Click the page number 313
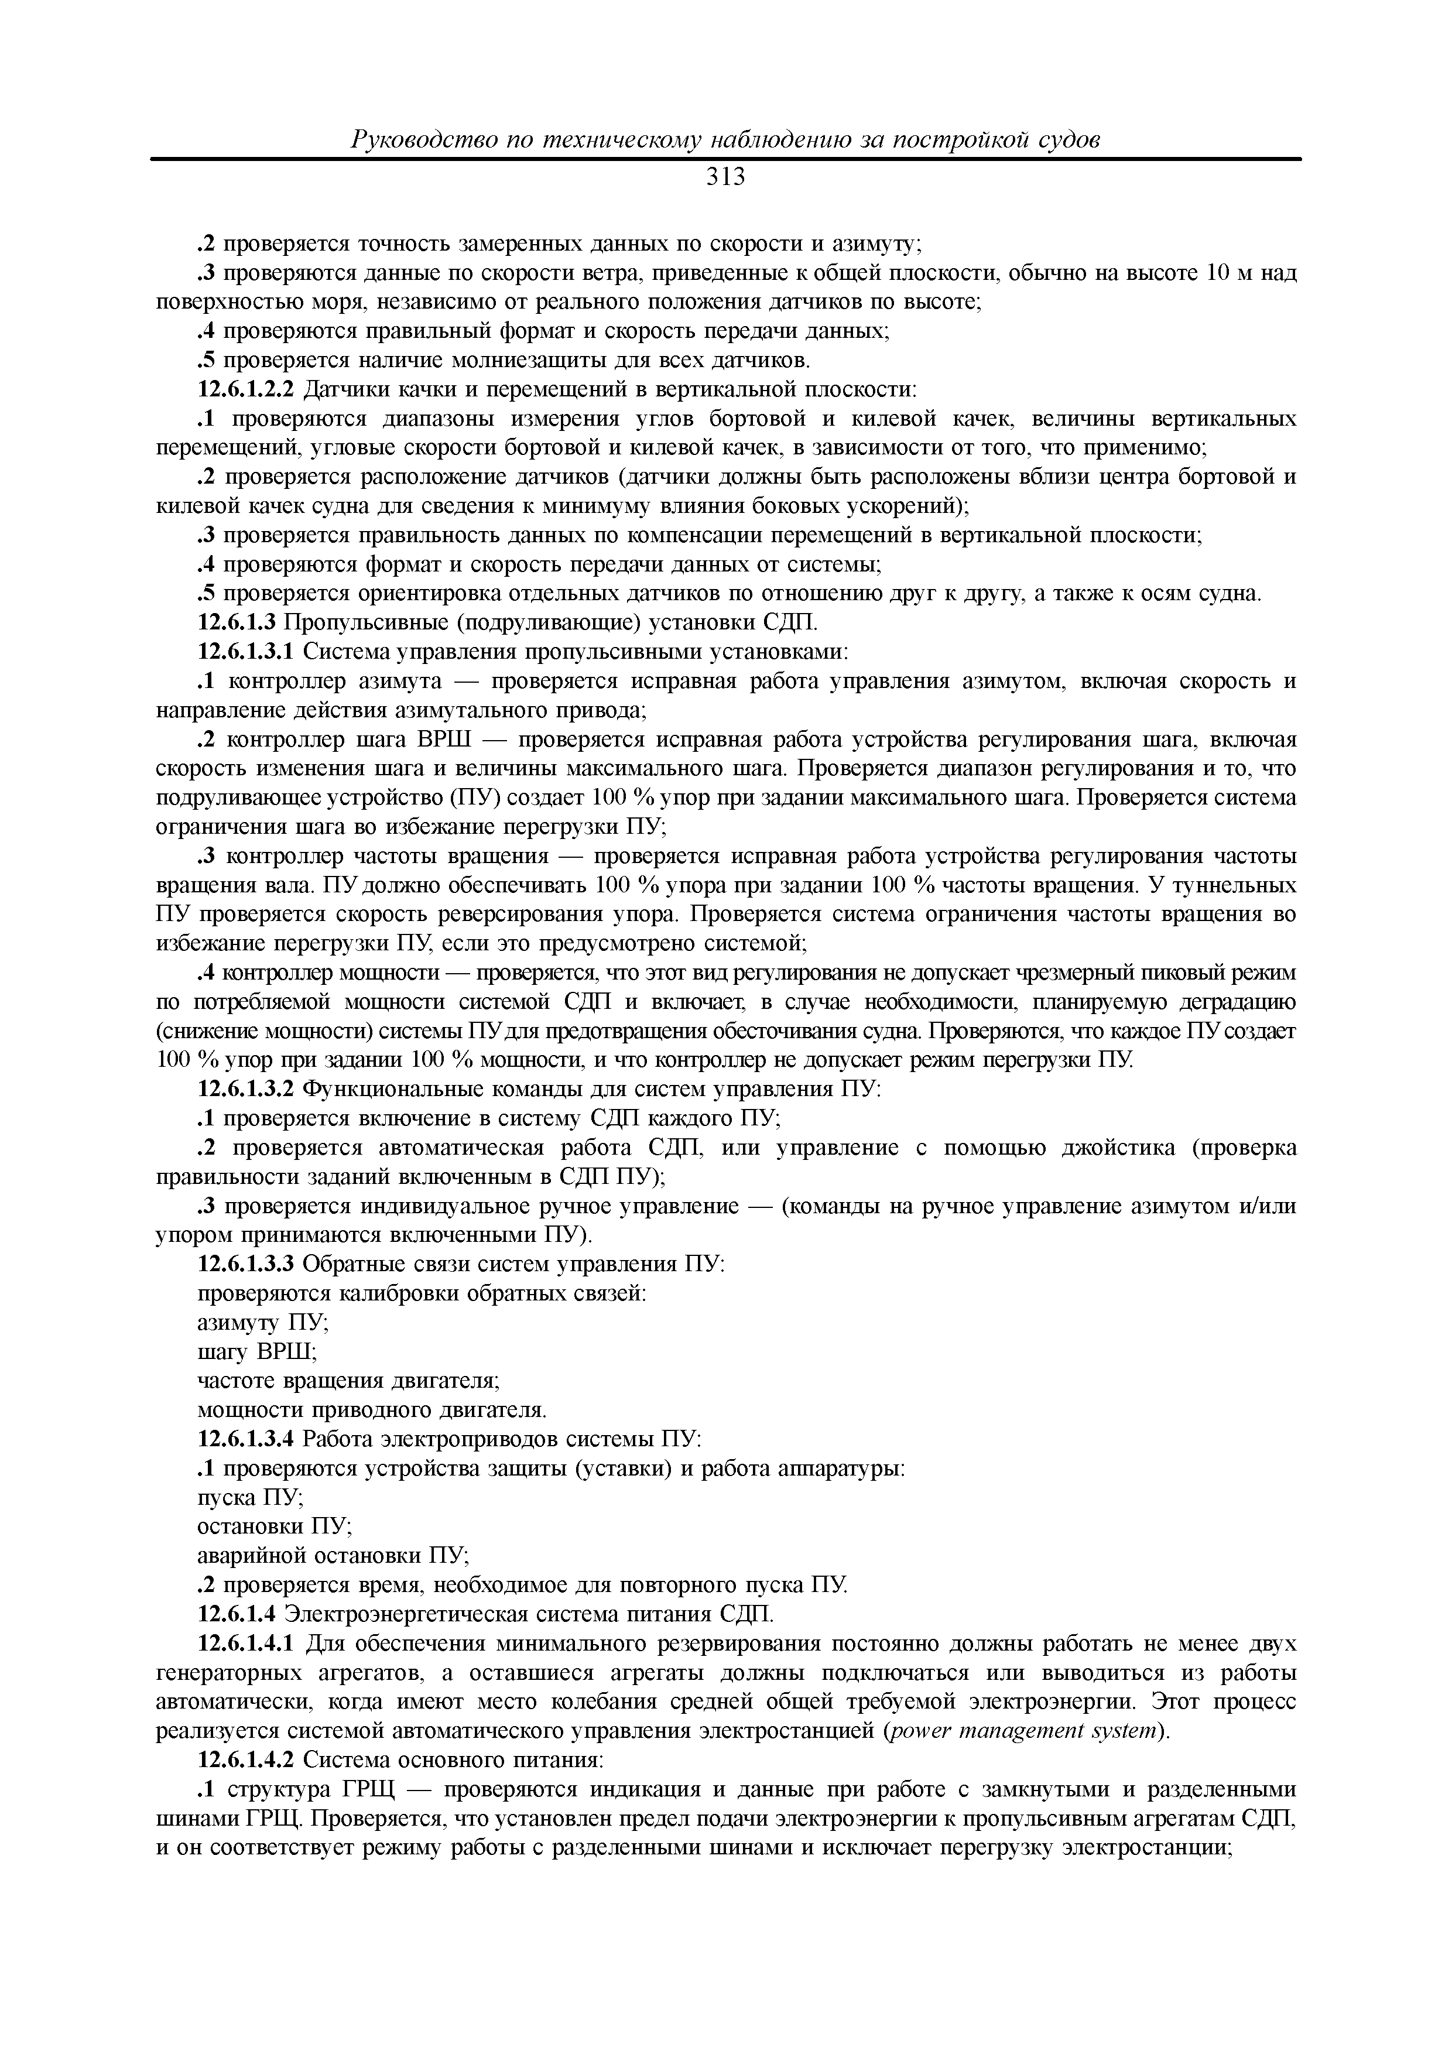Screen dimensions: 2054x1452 coord(725,178)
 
